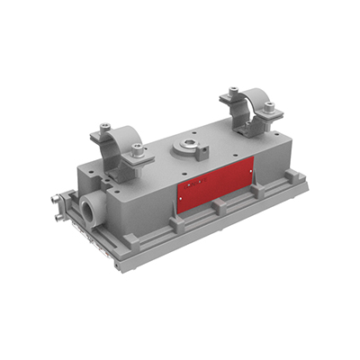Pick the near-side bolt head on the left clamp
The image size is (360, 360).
click(136, 148)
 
